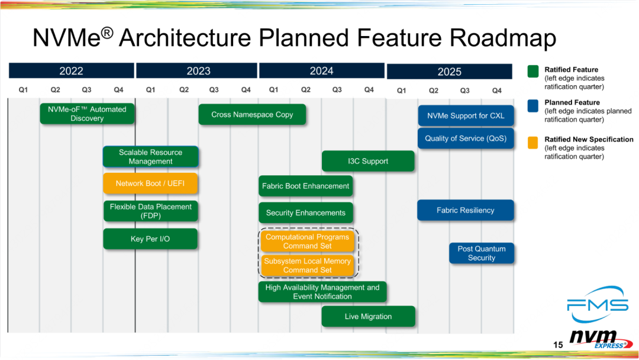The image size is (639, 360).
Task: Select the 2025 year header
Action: point(449,72)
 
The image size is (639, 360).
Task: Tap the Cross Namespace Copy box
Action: point(252,114)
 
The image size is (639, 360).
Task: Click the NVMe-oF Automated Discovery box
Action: point(87,114)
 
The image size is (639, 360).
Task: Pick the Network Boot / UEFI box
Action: point(150,184)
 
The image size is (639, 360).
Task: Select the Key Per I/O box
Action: point(150,239)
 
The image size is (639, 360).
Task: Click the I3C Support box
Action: point(368,161)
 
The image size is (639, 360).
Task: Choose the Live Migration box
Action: point(369,316)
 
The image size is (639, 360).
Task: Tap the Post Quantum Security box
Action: point(482,253)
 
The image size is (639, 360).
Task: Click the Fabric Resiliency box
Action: point(466,210)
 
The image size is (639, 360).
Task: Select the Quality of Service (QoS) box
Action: point(466,139)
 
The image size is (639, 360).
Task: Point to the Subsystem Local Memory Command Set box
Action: point(307,265)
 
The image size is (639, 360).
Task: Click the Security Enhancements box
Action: point(306,213)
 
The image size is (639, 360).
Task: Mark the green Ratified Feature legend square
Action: point(533,71)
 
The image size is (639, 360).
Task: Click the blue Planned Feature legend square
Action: point(533,105)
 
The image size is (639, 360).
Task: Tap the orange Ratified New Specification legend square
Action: point(533,143)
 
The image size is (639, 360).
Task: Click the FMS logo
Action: point(598,304)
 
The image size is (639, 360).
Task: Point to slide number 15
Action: point(558,345)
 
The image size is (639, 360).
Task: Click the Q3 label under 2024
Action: point(337,89)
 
